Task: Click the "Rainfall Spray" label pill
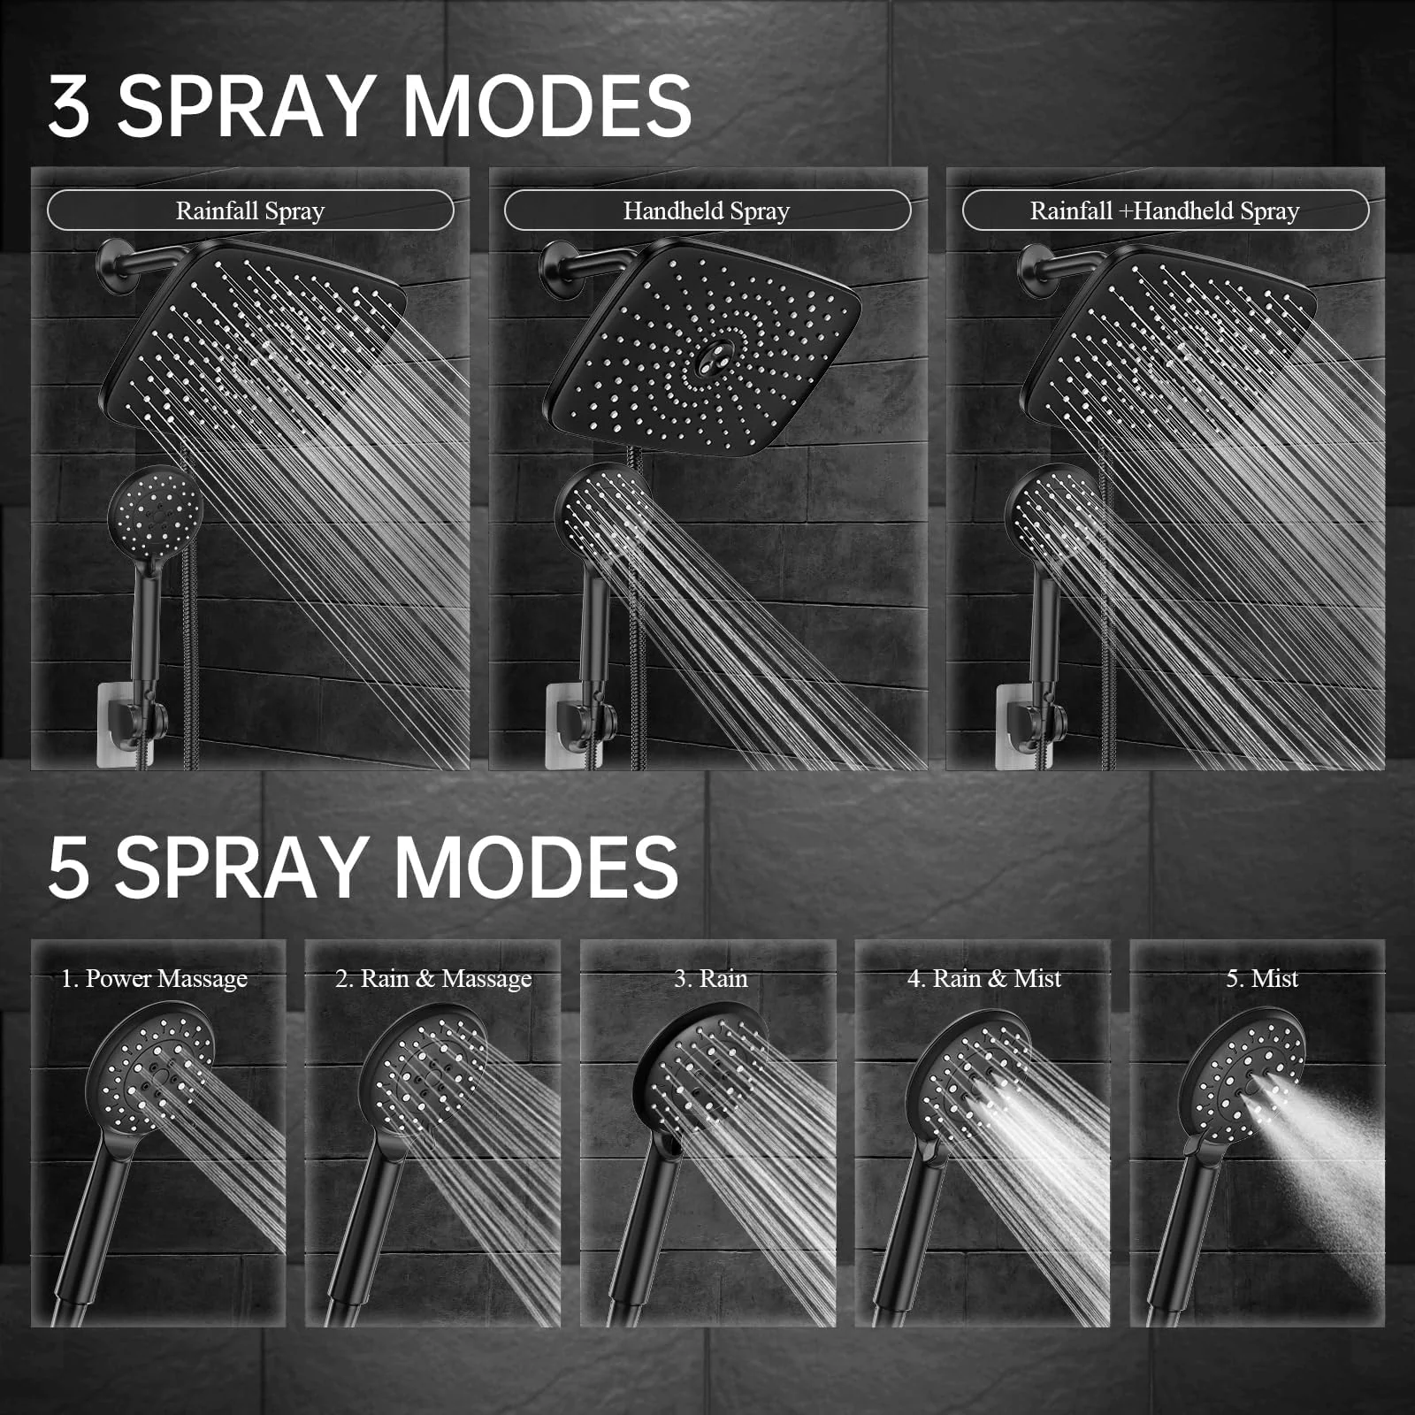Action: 250,210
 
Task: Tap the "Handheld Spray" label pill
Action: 707,210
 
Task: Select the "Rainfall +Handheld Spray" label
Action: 1165,210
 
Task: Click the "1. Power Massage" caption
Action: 154,979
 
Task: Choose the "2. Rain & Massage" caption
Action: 433,979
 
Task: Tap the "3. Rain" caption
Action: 711,979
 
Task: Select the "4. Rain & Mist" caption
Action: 984,979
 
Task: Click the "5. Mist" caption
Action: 1262,979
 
